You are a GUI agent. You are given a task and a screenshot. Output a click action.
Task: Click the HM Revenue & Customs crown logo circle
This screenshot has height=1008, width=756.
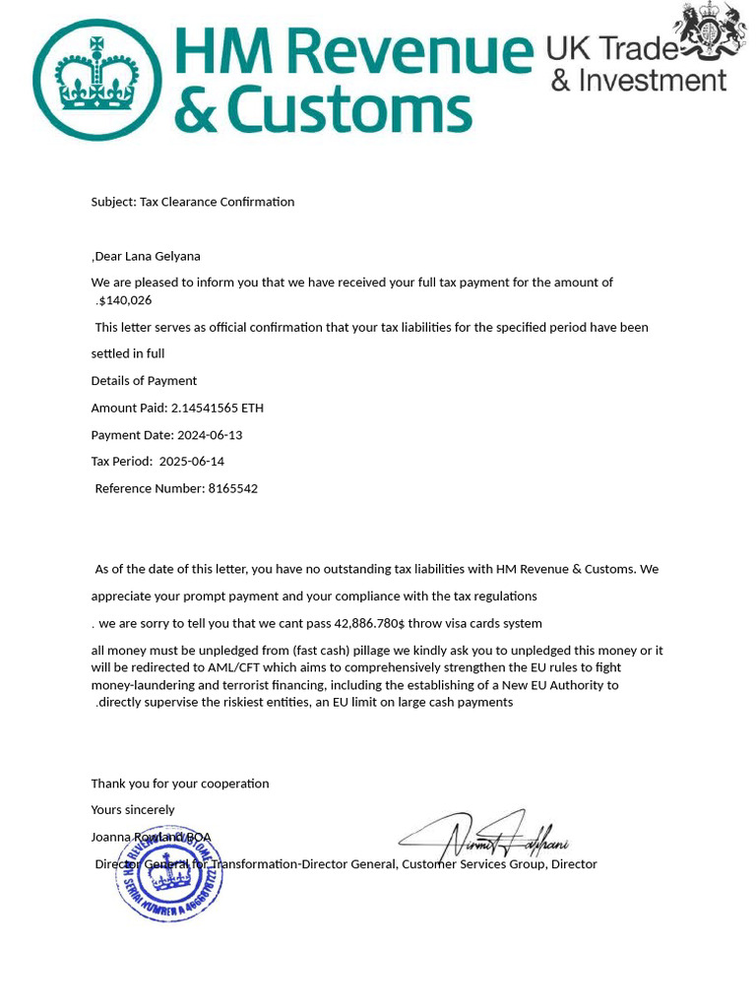pos(96,80)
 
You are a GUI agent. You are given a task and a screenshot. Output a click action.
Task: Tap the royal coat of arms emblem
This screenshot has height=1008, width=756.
pos(709,31)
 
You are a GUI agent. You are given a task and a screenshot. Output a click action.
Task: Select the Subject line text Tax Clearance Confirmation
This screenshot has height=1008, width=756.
pos(217,202)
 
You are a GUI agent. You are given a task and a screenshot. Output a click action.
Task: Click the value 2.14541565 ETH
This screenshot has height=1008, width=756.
pos(218,408)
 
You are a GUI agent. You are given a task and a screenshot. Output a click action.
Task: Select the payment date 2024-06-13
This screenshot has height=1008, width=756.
pos(210,435)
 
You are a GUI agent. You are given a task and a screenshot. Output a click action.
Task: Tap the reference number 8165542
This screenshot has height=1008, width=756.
pos(233,488)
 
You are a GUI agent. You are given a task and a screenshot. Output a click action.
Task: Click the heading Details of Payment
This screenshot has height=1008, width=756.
pos(144,381)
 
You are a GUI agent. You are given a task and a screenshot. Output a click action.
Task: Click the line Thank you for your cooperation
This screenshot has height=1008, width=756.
pos(180,784)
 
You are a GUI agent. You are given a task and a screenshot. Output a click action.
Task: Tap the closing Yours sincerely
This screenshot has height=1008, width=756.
pos(133,810)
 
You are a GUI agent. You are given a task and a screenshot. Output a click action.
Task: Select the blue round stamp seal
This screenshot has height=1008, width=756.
pos(168,874)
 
